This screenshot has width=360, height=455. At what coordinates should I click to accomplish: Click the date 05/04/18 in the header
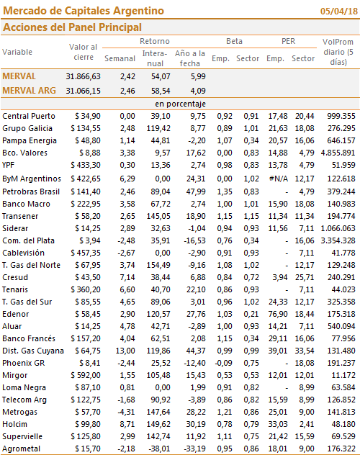click(x=339, y=11)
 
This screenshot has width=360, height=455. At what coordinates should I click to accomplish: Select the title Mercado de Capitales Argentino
click(x=84, y=11)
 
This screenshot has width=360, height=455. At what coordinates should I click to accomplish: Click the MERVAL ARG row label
click(x=29, y=91)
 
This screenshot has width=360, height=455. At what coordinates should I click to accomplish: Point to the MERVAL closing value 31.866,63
click(x=83, y=76)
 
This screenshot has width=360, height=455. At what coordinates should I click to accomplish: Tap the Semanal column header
click(x=120, y=58)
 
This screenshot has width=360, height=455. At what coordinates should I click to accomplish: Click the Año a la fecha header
click(x=189, y=58)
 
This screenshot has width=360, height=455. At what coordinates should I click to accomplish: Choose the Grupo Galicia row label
click(x=27, y=128)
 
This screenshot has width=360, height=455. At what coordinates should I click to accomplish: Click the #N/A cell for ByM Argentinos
click(x=278, y=179)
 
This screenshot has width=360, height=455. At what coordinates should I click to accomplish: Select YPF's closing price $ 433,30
click(x=86, y=165)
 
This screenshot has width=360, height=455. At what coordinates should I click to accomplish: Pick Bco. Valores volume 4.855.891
click(x=338, y=153)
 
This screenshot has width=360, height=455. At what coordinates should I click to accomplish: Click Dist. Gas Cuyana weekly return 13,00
click(x=125, y=351)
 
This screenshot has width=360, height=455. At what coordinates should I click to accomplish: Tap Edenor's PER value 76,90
click(x=278, y=314)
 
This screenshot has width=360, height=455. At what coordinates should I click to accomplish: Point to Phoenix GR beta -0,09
click(x=223, y=363)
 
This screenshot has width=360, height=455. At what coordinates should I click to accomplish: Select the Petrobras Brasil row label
click(x=31, y=192)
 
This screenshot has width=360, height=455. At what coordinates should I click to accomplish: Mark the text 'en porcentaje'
click(x=180, y=104)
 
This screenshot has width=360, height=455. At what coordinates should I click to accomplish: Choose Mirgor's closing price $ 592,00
click(x=86, y=375)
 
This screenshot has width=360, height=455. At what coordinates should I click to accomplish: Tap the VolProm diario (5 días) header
click(x=338, y=52)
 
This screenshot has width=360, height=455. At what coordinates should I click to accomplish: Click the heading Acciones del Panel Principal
click(x=72, y=27)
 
